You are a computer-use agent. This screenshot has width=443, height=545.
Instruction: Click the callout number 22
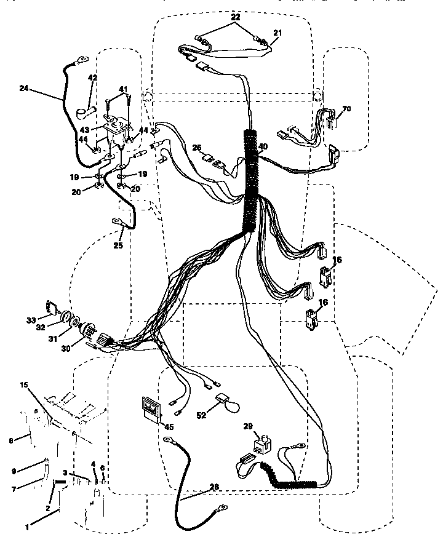coord(235,17)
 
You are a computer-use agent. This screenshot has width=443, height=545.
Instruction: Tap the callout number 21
coord(277,33)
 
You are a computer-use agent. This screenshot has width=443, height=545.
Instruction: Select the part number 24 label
coord(24,89)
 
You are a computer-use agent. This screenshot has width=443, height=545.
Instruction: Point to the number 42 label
coord(93,78)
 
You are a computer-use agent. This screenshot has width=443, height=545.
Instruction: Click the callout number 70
coord(346,109)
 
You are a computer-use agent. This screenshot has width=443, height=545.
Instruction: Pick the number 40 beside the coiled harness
coord(263,146)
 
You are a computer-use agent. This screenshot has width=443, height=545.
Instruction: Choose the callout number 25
coord(118,245)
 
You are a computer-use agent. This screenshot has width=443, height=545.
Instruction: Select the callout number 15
coord(24,385)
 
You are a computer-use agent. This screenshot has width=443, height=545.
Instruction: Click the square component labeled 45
coord(150,407)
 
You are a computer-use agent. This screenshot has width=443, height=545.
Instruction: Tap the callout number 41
coord(124,90)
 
